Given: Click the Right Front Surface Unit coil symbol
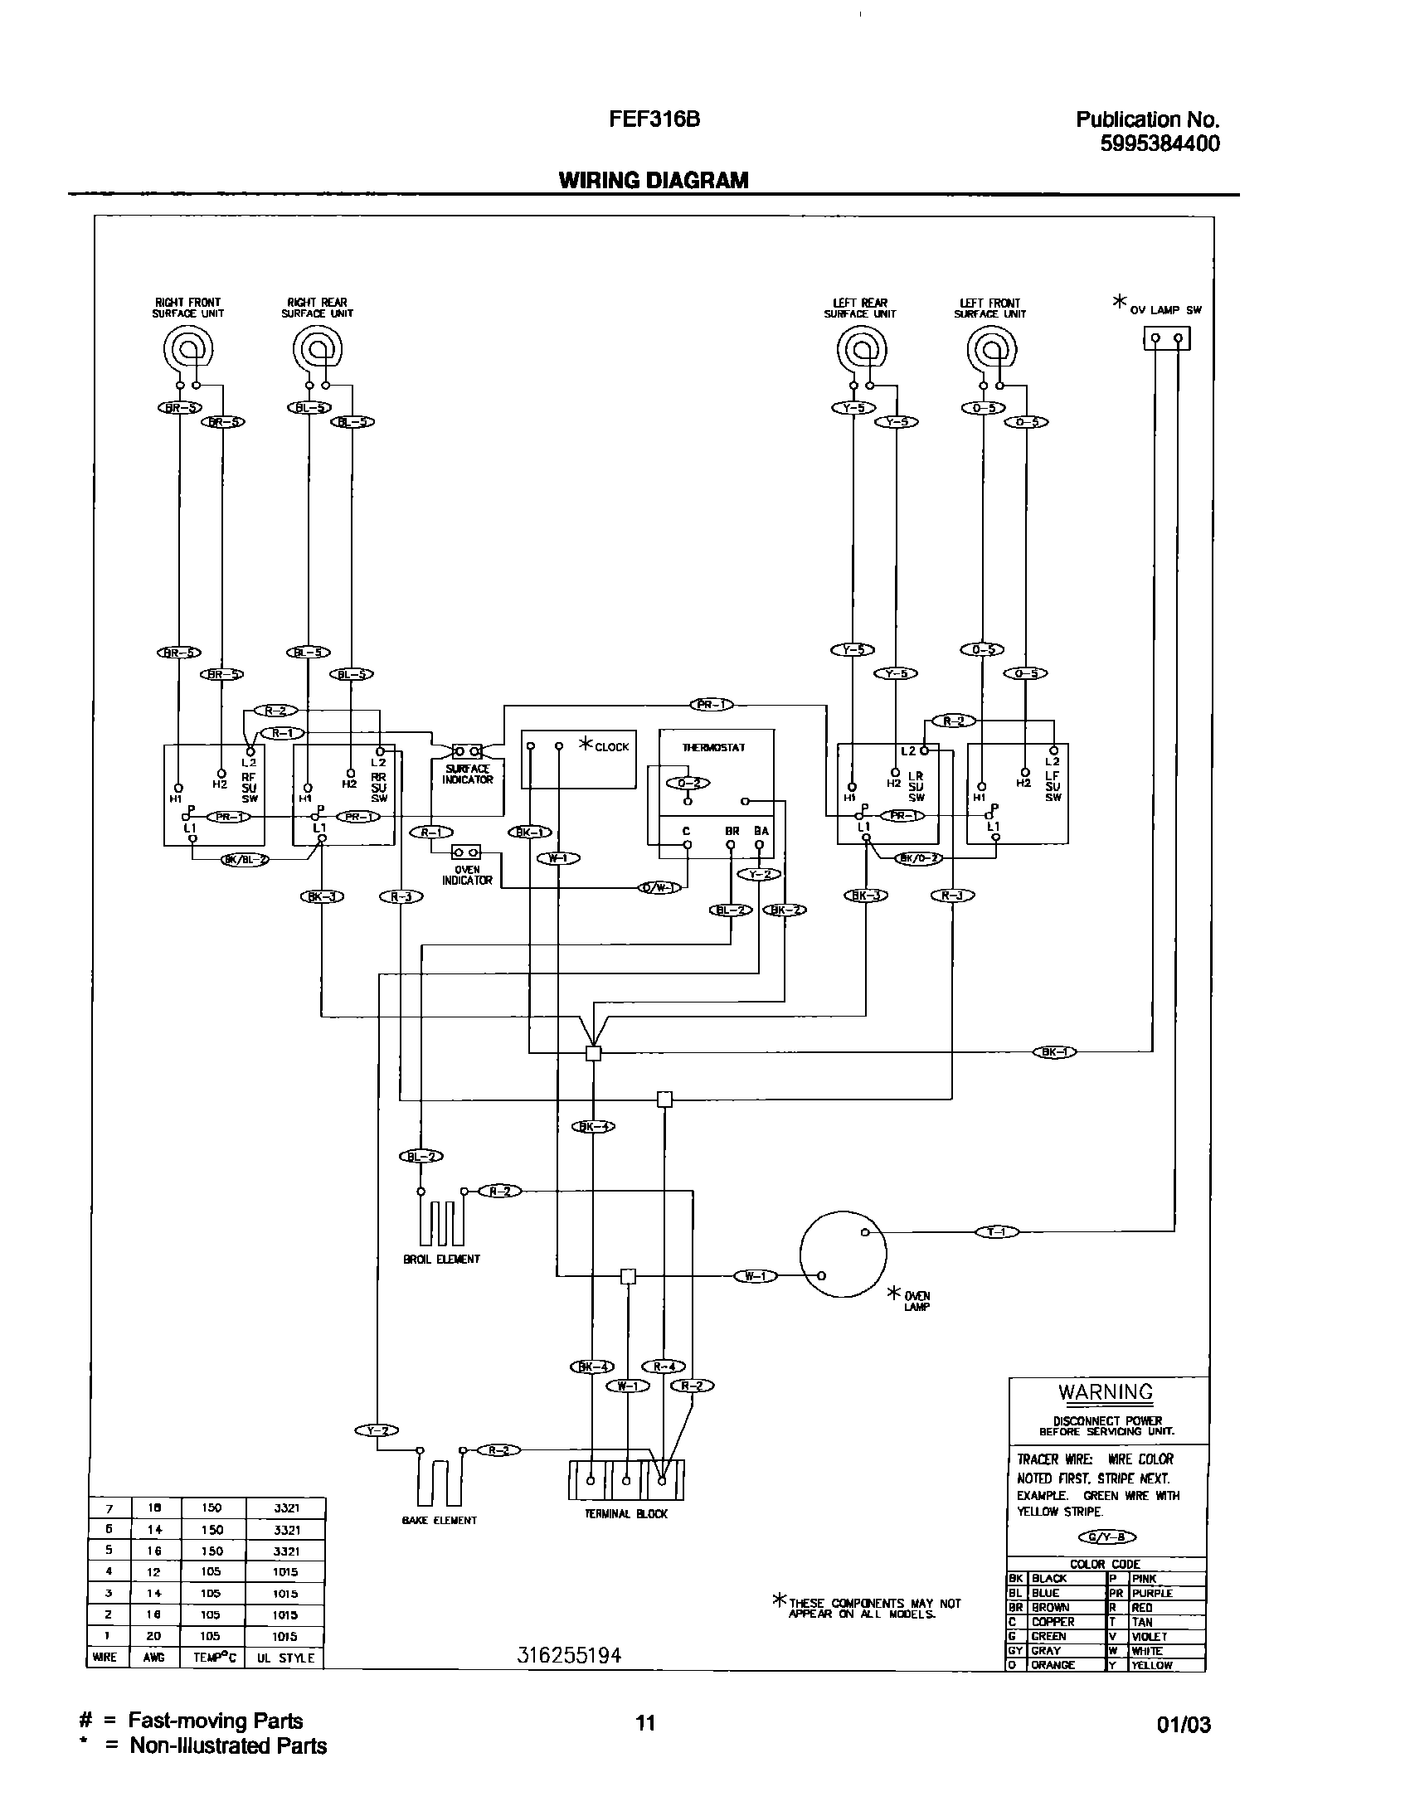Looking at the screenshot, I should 188,350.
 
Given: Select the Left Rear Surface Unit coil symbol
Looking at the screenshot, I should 862,350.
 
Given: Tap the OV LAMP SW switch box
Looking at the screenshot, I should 1167,338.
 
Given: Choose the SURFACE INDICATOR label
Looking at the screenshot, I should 467,774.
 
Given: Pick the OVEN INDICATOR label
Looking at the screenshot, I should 467,875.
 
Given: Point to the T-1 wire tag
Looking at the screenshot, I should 998,1232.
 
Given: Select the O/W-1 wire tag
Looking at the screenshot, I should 660,888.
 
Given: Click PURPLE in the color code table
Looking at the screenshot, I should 1152,1593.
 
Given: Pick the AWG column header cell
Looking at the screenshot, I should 153,1658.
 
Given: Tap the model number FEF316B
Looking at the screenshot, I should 654,119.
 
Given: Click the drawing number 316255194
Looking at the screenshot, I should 569,1655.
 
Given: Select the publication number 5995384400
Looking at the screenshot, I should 1160,143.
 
